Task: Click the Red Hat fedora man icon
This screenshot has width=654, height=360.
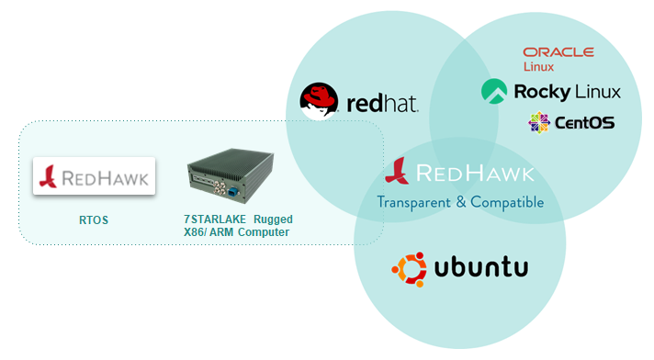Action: click(x=320, y=101)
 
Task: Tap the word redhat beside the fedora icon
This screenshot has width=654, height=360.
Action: click(x=383, y=102)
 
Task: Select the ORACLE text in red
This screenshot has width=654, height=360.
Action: click(x=558, y=52)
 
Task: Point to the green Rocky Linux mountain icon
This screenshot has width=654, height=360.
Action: click(x=494, y=91)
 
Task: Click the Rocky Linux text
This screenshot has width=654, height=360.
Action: click(x=567, y=92)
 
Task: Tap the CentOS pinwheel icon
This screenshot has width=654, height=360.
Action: click(x=539, y=121)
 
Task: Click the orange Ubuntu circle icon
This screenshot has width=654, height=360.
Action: click(x=409, y=269)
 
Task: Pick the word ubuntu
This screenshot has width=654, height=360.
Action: click(x=480, y=268)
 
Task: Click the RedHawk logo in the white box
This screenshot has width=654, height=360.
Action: click(x=95, y=176)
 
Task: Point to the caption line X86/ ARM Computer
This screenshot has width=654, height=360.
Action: click(x=236, y=233)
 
